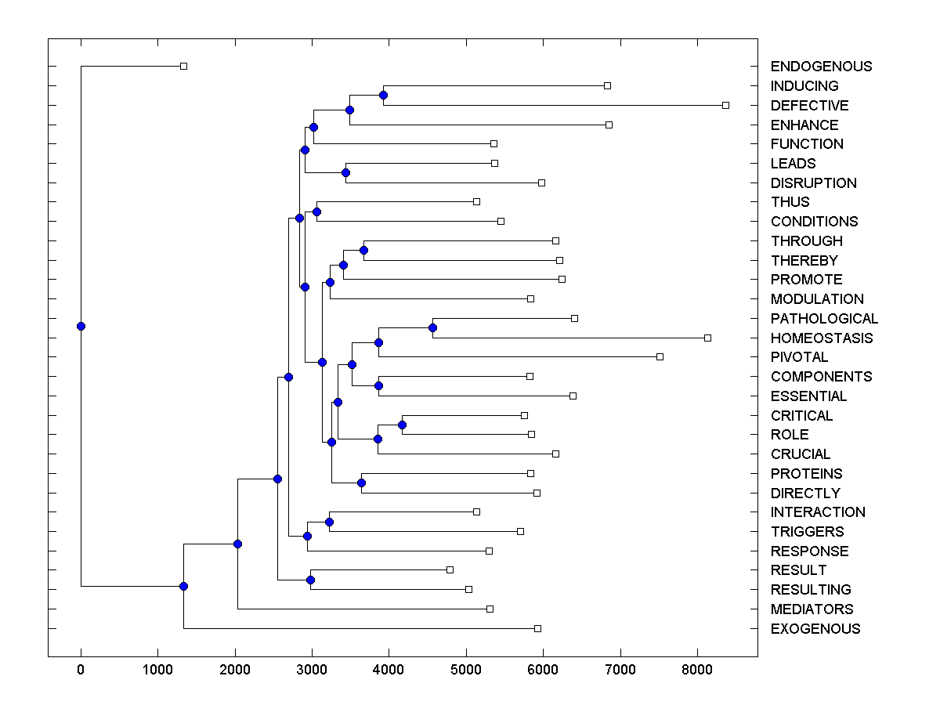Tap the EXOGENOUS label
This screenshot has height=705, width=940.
[815, 629]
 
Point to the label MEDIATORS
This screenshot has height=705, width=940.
[812, 609]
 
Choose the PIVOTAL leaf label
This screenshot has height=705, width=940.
[799, 357]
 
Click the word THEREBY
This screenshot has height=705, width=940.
[804, 261]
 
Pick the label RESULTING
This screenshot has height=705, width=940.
[811, 590]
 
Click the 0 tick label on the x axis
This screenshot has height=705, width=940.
[81, 668]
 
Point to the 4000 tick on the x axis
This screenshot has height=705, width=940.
[389, 668]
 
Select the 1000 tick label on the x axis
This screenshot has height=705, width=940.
[157, 668]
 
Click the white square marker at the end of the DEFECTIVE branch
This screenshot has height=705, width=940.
[725, 105]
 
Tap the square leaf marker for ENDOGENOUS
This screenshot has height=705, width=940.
[183, 67]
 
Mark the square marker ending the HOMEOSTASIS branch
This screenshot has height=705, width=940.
[707, 338]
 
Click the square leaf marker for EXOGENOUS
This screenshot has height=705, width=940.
[537, 628]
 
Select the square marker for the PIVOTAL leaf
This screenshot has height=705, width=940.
[660, 357]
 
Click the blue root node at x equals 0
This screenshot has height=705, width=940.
[81, 326]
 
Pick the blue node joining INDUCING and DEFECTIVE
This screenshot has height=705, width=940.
[384, 96]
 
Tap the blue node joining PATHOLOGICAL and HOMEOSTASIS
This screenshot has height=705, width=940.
[432, 328]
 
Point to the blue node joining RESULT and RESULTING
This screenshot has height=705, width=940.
[310, 580]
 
